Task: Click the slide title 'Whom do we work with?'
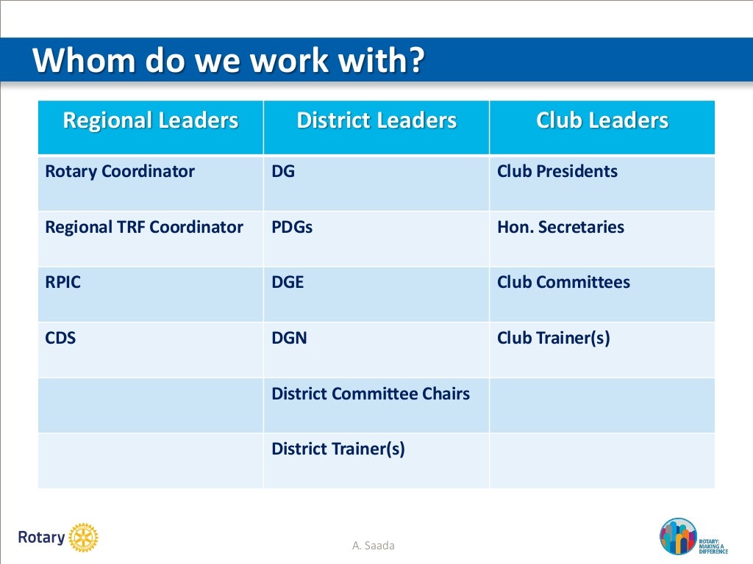228,60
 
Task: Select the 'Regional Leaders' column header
151,121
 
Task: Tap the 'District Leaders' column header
376,121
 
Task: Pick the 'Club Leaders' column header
602,121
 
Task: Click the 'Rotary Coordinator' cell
120,172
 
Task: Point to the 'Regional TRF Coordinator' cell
144,228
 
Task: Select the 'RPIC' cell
63,283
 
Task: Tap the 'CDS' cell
61,339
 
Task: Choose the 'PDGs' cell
292,228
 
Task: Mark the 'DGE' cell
288,283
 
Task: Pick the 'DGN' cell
290,339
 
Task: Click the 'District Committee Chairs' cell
371,394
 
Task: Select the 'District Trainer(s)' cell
338,449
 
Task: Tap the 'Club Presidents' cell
557,172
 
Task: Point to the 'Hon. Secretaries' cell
560,228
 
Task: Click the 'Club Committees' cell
563,283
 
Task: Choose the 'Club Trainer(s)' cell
554,339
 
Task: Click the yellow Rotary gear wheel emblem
83,538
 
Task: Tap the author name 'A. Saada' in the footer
374,545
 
